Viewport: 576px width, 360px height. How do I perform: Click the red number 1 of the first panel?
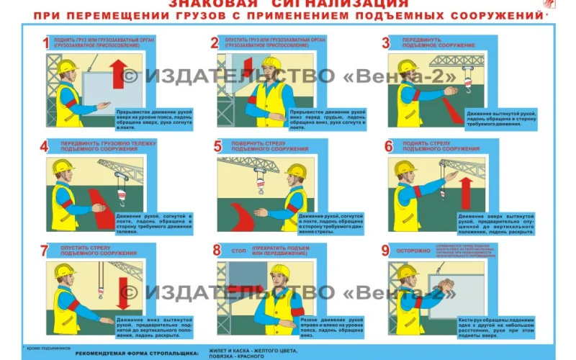tap(45, 43)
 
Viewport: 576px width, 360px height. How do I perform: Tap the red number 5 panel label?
tap(217, 146)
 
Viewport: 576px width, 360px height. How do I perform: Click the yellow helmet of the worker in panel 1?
tap(68, 66)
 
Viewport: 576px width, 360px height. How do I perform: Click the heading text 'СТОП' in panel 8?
tap(239, 251)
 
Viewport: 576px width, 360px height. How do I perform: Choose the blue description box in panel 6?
tap(495, 222)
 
